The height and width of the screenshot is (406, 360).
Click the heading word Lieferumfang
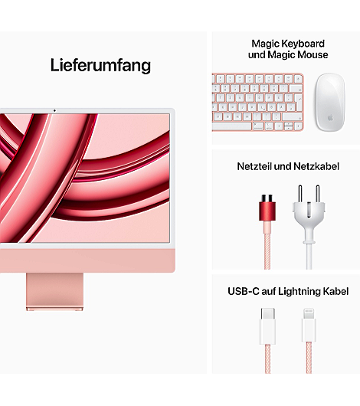pos(100,66)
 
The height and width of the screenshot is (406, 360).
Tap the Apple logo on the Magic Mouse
pos(330,118)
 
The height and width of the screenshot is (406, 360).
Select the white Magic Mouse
pos(330,103)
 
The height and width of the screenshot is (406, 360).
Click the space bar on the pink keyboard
pos(231,126)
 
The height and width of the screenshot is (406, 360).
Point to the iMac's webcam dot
pos(54,111)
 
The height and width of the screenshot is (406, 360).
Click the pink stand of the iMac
pos(54,292)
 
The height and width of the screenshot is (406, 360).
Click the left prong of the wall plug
pos(300,194)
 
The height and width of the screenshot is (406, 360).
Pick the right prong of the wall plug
pos(318,194)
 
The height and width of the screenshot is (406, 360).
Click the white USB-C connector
pos(267,326)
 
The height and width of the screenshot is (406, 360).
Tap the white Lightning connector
pos(309,325)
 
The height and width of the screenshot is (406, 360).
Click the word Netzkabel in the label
pos(316,166)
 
